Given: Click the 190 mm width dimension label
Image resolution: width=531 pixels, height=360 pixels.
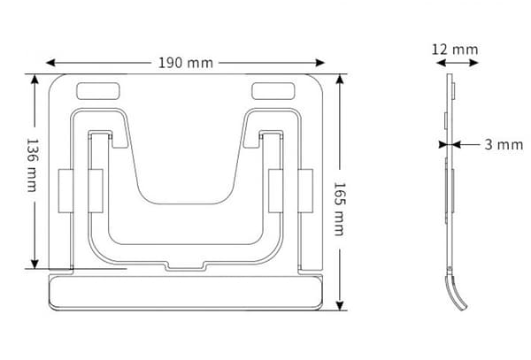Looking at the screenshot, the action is (186, 63).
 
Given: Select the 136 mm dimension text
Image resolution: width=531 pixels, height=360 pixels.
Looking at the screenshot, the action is (32, 165).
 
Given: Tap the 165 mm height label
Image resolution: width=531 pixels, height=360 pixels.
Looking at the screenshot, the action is (339, 209).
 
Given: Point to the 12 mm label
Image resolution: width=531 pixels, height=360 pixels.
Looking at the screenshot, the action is (455, 50).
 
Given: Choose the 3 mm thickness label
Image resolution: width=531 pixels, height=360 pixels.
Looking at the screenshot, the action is (504, 145).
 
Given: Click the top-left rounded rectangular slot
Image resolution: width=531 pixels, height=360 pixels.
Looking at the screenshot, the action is (98, 91).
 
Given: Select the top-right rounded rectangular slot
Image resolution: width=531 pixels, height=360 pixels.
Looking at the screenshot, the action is (273, 91).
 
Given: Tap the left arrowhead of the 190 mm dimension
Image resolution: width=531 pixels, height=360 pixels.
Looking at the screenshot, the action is (50, 63).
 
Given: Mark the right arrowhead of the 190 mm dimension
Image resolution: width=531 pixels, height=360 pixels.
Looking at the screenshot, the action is (320, 63).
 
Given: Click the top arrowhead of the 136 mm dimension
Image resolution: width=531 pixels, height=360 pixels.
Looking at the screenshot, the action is (35, 80).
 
